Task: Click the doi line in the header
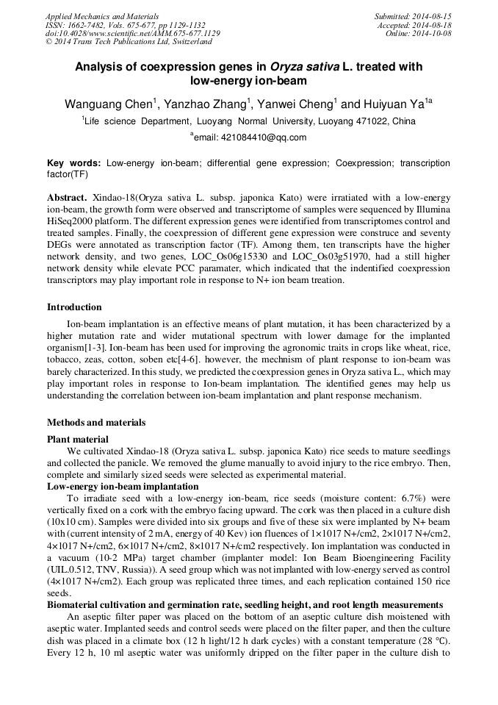coord(132,33)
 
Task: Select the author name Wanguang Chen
coord(107,104)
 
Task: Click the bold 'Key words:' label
coord(74,162)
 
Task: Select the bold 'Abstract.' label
coord(67,198)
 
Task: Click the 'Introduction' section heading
coord(74,307)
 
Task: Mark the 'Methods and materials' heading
coord(96,422)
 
